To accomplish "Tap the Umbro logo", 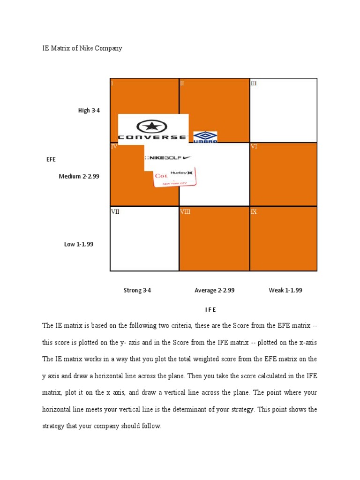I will pyautogui.click(x=205, y=137).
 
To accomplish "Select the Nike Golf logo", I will pyautogui.click(x=167, y=158).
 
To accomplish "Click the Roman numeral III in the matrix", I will pyautogui.click(x=254, y=83).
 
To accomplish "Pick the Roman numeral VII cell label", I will pyautogui.click(x=115, y=211).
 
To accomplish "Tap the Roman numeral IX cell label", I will pyautogui.click(x=254, y=211).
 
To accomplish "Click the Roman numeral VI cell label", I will pyautogui.click(x=254, y=146).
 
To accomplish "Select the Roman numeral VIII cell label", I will pyautogui.click(x=185, y=211).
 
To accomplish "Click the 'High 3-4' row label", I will pyautogui.click(x=89, y=111).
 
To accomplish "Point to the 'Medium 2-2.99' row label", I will pyautogui.click(x=79, y=176).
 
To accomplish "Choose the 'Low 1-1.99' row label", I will pyautogui.click(x=79, y=244).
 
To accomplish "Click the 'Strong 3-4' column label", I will pyautogui.click(x=137, y=290).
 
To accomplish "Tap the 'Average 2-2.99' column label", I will pyautogui.click(x=214, y=290).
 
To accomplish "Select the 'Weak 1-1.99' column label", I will pyautogui.click(x=285, y=290).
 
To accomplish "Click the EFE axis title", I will pyautogui.click(x=51, y=159).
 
